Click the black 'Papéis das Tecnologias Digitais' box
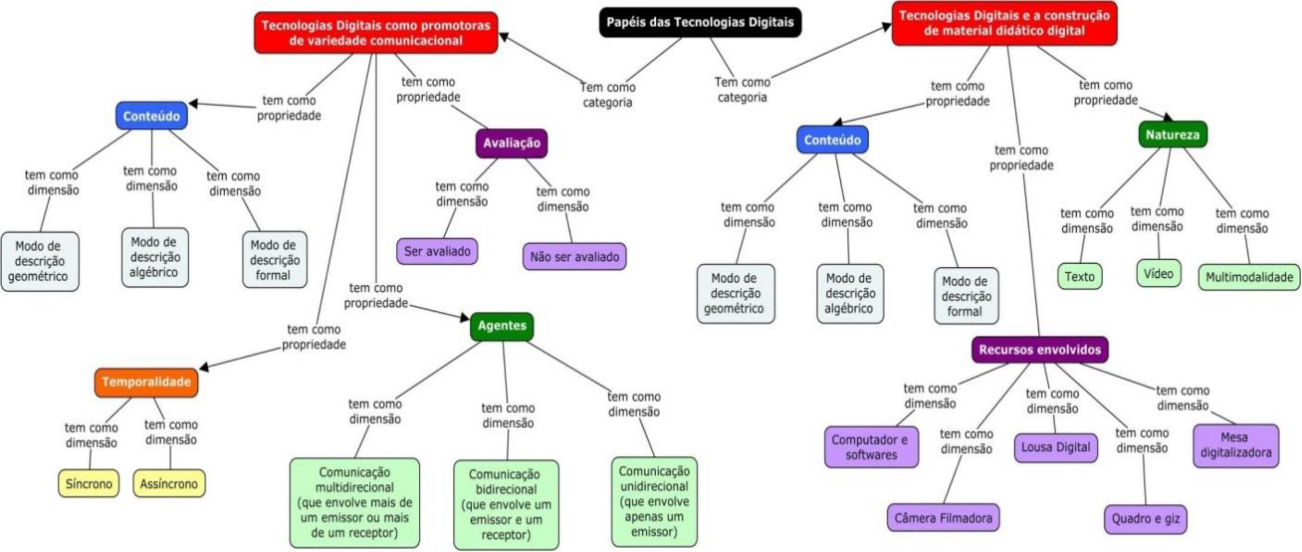coord(699,22)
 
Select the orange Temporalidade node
coord(146,382)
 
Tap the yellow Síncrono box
coord(88,484)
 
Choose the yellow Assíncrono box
coord(169,484)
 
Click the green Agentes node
coord(502,326)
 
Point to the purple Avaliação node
coord(511,143)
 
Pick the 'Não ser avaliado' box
coord(574,257)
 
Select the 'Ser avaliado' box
coord(437,251)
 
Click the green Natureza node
coord(1172,135)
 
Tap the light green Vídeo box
coord(1159,274)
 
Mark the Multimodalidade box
coord(1249,277)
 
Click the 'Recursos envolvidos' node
coord(1040,350)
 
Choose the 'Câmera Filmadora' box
coord(943,518)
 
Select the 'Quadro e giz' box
coord(1145,519)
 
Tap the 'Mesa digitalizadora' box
coord(1236,445)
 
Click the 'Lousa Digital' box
coord(1055,447)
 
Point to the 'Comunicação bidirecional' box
coord(506,504)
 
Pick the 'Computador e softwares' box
coord(871,447)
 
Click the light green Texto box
coord(1080,277)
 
